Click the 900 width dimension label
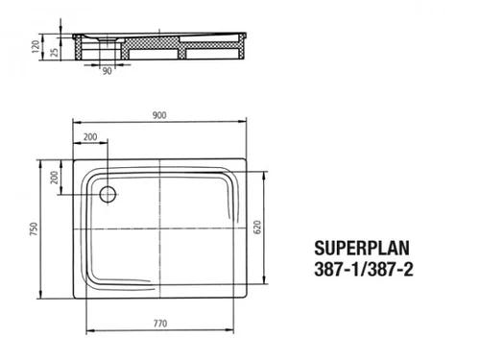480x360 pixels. pyautogui.click(x=159, y=115)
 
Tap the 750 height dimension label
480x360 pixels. pyautogui.click(x=34, y=228)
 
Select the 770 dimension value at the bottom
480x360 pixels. pyautogui.click(x=160, y=324)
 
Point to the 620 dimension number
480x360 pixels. pyautogui.click(x=257, y=228)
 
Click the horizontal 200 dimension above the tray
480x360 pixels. pyautogui.click(x=90, y=137)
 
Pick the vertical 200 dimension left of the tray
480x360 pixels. pyautogui.click(x=55, y=178)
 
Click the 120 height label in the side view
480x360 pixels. pyautogui.click(x=36, y=47)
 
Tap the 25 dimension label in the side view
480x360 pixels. pyautogui.click(x=55, y=52)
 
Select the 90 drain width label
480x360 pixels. pyautogui.click(x=108, y=71)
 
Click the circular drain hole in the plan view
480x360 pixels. pyautogui.click(x=108, y=194)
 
